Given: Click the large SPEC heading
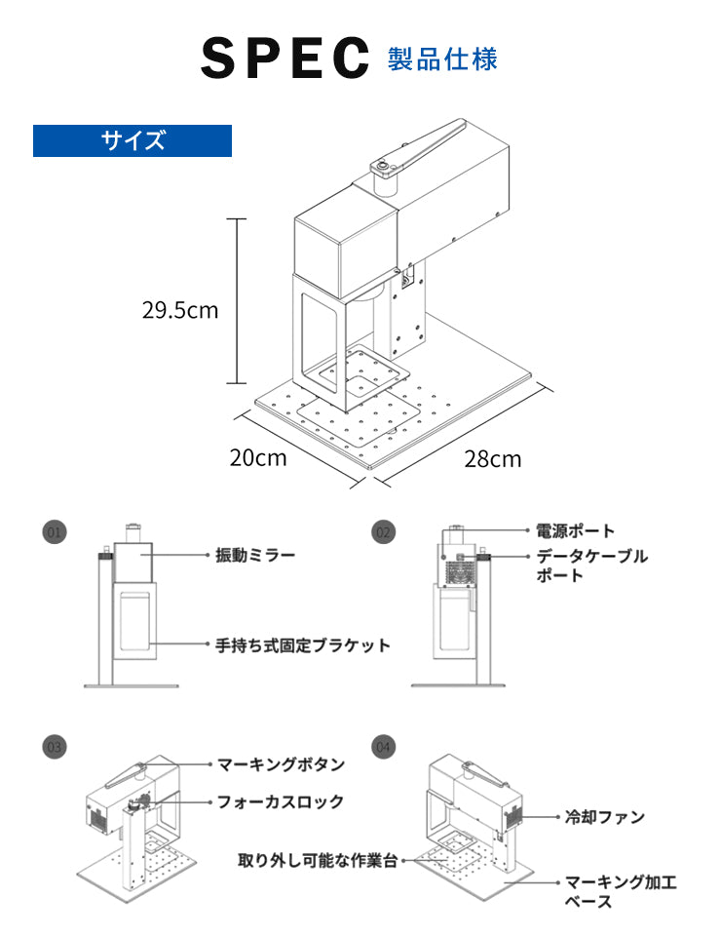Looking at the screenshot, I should (x=285, y=59).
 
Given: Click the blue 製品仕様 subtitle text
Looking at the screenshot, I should (x=442, y=59).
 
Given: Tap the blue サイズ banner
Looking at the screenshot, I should (x=133, y=140).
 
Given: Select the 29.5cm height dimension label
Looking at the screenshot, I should (x=180, y=311).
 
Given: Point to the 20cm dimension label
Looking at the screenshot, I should (x=258, y=456).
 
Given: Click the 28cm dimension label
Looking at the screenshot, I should (x=492, y=458).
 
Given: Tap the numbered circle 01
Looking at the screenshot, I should (x=55, y=531).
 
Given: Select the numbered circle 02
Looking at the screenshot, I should (x=383, y=531).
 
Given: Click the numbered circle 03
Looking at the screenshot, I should (x=55, y=747).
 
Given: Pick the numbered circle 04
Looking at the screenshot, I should (x=383, y=747).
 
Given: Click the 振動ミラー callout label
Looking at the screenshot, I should (x=255, y=556).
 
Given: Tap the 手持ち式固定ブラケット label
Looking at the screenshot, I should (x=303, y=644).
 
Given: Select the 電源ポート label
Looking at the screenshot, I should (x=576, y=531).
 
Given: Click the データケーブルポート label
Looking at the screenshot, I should (x=591, y=566).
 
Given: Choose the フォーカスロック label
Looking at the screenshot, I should (x=281, y=802).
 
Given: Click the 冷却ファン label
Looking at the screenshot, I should (x=605, y=817).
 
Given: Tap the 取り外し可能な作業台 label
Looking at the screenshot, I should (x=318, y=861).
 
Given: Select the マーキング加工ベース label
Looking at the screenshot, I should (x=621, y=891).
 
